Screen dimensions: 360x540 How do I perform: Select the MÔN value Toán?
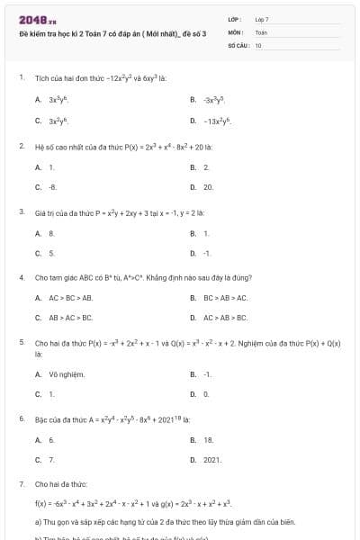(261, 31)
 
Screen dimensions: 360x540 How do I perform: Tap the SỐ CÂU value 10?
(258, 44)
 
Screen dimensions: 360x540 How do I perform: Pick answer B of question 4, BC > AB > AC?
(219, 297)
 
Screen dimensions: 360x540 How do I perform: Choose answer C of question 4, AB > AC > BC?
(64, 318)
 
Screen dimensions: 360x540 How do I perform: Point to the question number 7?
(21, 483)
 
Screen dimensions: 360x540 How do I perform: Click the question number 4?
(21, 277)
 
